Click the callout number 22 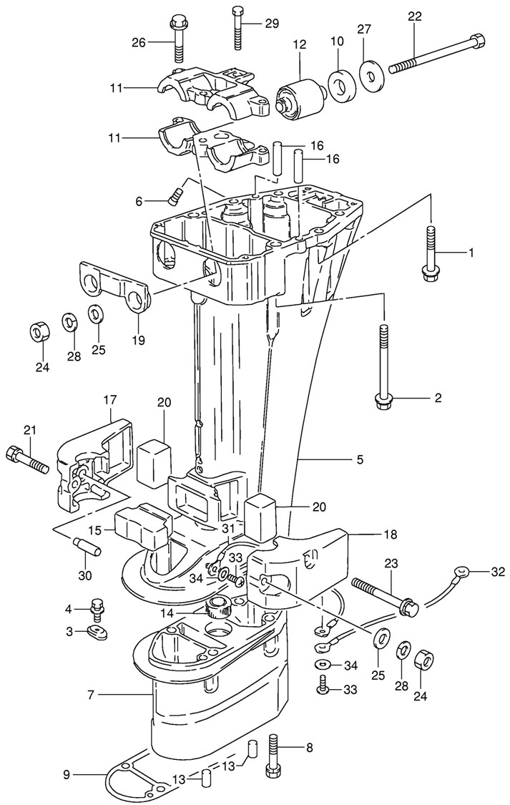(x=415, y=16)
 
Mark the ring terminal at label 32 (x=461, y=572)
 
